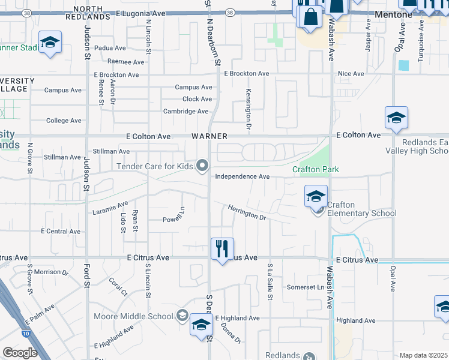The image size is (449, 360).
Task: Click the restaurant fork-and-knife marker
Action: click(x=222, y=248)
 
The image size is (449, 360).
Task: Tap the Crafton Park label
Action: click(x=316, y=170)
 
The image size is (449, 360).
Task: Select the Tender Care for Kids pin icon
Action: click(x=203, y=165)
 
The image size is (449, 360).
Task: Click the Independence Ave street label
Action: click(x=243, y=177)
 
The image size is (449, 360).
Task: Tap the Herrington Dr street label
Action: click(x=246, y=212)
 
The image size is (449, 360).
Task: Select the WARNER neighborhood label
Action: click(x=208, y=136)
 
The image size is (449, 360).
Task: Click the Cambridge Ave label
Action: click(x=185, y=112)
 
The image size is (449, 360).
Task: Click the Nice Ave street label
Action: click(x=351, y=74)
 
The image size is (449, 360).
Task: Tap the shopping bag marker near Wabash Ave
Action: click(x=311, y=17)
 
